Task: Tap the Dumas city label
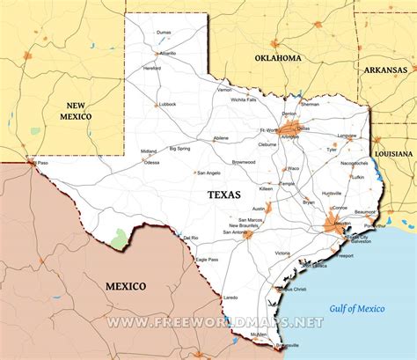[x=164, y=33]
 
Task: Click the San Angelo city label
[x=208, y=173]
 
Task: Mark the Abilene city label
[x=220, y=138]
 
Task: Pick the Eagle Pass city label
[x=207, y=260]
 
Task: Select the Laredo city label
[x=230, y=298]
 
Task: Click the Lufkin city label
[x=356, y=177]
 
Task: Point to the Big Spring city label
[x=179, y=149]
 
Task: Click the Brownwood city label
[x=244, y=162]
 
